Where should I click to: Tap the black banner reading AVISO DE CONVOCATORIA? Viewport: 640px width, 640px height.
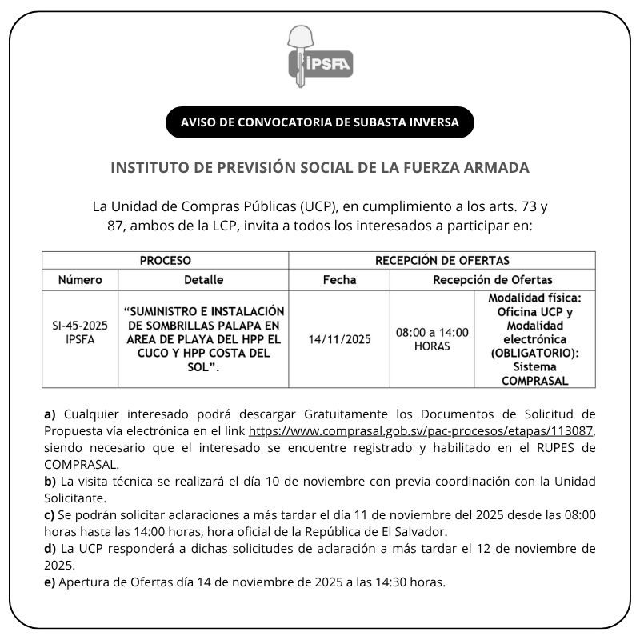319,122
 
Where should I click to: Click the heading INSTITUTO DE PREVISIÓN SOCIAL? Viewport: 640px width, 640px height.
319,168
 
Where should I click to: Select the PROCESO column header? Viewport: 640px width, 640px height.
166,261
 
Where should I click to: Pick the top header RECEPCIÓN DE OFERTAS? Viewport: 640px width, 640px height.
442,261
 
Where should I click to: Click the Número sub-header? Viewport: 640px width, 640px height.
80,280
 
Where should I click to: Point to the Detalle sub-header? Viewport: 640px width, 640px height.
203,280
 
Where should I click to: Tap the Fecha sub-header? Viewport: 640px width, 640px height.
339,280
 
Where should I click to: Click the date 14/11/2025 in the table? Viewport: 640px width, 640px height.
339,339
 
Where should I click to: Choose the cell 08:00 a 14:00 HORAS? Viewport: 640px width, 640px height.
432,339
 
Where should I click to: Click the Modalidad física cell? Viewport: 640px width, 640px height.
534,339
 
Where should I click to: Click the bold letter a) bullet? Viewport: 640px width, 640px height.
50,414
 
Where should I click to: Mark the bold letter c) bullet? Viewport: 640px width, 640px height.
50,514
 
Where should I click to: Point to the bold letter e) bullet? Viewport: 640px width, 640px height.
50,582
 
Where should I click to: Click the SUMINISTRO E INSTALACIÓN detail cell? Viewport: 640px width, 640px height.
203,339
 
